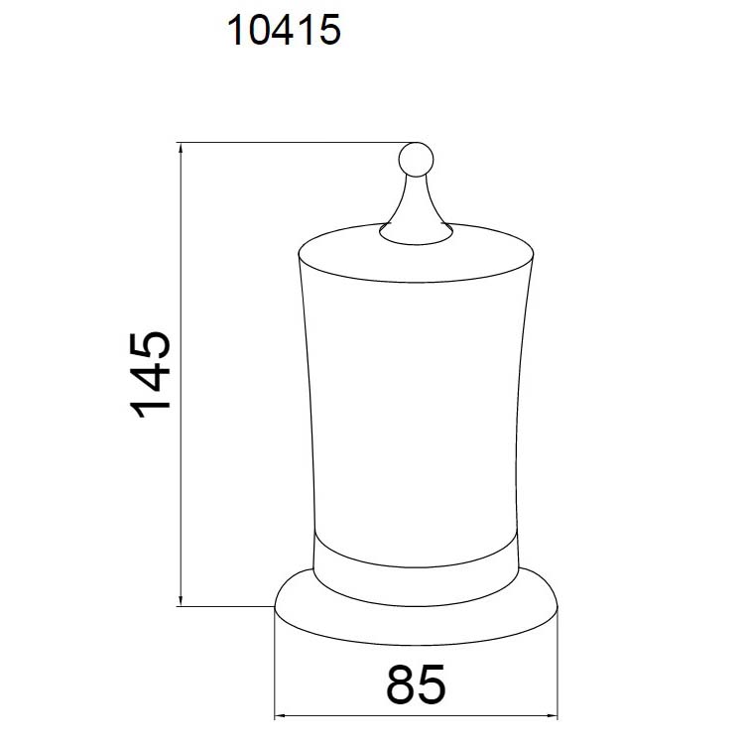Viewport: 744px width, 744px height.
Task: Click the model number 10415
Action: click(x=284, y=30)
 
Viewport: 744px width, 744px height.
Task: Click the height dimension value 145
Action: click(x=150, y=375)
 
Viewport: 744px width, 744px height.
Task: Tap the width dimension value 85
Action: click(x=416, y=684)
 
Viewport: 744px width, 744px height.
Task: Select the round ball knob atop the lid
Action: click(x=416, y=160)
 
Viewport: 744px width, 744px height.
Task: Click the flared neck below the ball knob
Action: click(x=416, y=208)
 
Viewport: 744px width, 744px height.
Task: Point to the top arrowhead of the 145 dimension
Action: click(x=181, y=148)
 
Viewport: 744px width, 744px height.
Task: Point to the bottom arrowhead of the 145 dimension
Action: click(x=181, y=600)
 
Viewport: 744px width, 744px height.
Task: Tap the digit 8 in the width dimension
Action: click(x=401, y=684)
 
